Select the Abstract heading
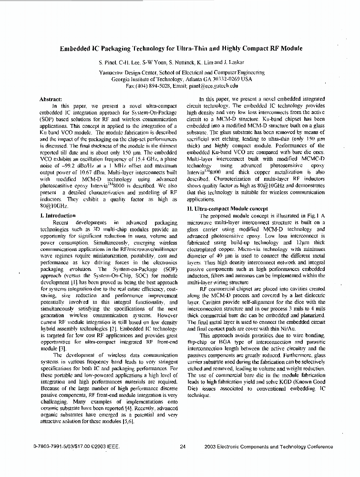51,99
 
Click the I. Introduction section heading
58,216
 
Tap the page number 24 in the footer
183,447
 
